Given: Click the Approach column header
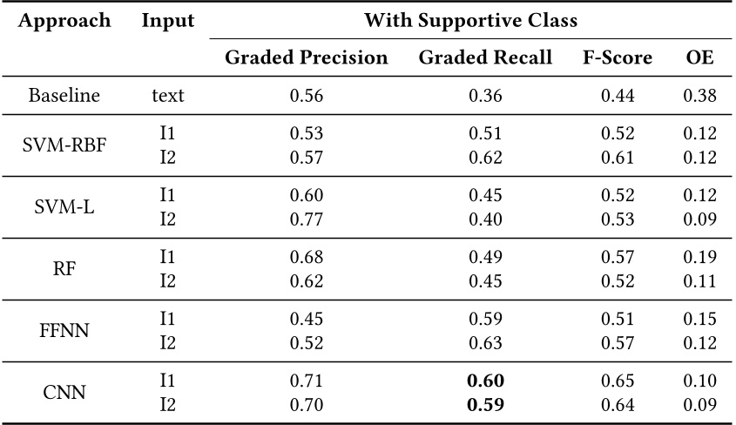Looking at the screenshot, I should point(64,21).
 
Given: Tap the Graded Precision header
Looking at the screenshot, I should point(306,58).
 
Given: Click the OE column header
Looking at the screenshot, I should point(699,58).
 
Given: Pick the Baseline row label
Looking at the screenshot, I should point(64,96).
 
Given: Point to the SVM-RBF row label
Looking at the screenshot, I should point(64,145).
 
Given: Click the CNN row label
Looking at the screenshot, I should point(64,394).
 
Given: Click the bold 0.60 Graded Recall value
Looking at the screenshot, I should point(485,381).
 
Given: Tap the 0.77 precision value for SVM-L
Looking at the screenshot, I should point(306,219).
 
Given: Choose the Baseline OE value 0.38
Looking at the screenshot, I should point(699,96).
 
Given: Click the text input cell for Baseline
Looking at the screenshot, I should point(167,96).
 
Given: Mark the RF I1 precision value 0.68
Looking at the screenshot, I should point(306,258).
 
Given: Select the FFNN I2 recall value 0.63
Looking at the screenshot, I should point(485,343).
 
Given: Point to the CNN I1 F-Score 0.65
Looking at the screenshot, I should point(618,381).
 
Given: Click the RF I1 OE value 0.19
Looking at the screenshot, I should point(699,258).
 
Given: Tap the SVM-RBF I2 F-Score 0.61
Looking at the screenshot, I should point(618,158).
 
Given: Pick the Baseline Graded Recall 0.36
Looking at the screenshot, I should point(485,96).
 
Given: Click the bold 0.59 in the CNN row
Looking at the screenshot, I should point(485,406).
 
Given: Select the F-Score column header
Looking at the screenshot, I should point(618,58).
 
